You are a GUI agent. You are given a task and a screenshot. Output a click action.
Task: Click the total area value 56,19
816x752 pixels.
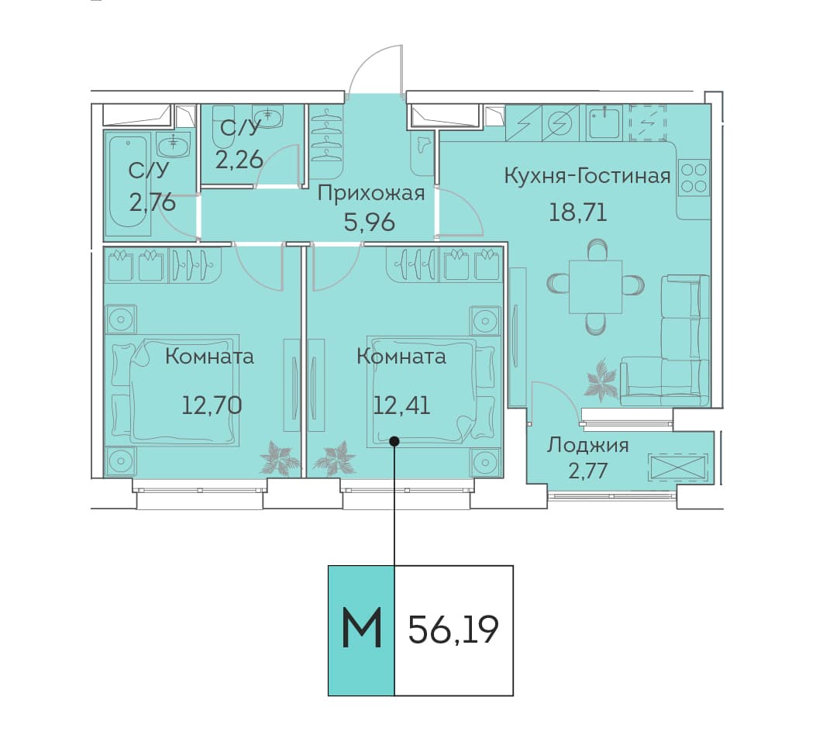453,630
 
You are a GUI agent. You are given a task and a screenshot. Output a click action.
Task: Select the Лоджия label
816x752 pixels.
588,446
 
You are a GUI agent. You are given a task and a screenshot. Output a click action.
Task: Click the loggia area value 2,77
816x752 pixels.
588,471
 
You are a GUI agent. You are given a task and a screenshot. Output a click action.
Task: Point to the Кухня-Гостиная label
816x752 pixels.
587,176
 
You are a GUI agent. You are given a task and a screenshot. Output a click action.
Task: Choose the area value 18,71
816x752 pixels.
578,212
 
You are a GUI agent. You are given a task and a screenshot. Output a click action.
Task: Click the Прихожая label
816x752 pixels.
371,194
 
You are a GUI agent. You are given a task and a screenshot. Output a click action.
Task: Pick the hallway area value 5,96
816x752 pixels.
370,222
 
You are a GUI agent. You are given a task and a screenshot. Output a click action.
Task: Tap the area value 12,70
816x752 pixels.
212,405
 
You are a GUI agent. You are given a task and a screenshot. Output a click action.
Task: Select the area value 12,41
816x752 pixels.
401,405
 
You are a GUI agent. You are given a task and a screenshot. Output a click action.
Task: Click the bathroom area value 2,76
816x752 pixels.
153,202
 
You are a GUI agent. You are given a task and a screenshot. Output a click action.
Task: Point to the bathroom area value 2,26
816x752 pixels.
239,160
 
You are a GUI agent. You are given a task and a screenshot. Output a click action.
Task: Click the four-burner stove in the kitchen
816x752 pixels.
694,178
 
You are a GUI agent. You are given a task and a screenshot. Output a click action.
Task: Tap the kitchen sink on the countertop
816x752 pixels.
605,123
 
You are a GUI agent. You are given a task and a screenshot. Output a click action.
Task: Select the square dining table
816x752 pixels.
596,287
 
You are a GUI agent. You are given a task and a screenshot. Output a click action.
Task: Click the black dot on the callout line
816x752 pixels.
394,441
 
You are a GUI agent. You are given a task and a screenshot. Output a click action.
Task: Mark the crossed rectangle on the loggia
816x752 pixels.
677,467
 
